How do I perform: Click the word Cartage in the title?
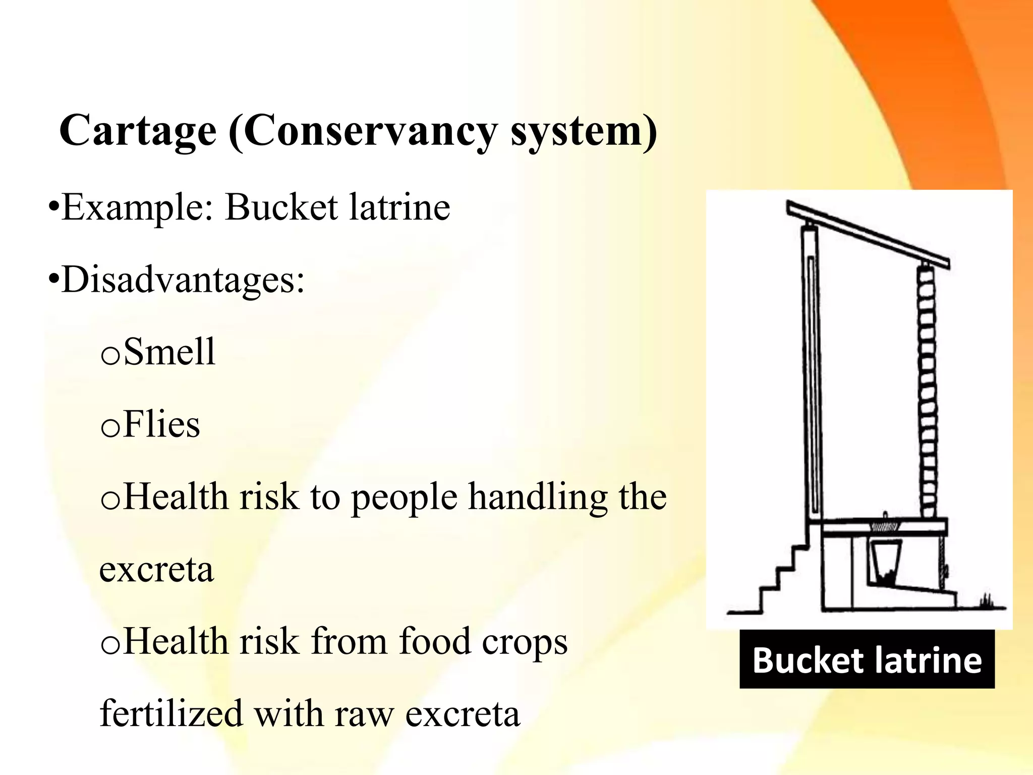click(x=138, y=130)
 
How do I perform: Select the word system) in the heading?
click(x=584, y=130)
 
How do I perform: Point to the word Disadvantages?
click(x=183, y=280)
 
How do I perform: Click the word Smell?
click(x=169, y=352)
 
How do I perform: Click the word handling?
click(x=538, y=497)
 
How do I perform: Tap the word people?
click(x=404, y=497)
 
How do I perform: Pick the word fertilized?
click(x=171, y=713)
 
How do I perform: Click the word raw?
click(x=363, y=713)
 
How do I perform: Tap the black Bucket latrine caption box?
click(x=867, y=659)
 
